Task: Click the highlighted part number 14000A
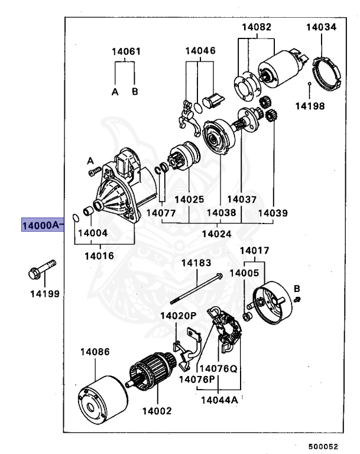coord(41,226)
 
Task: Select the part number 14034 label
coord(321,27)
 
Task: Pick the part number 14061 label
coord(126,51)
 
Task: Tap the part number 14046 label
coord(200,51)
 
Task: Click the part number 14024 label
coord(216,234)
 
